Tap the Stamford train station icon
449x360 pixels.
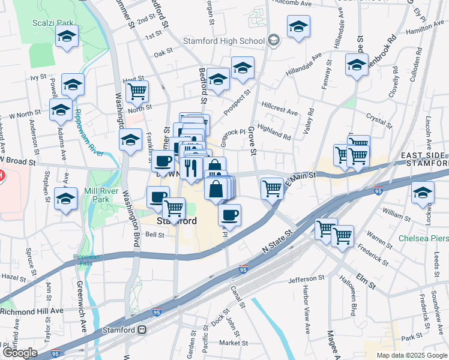point(142,329)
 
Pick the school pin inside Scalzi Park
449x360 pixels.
point(67,36)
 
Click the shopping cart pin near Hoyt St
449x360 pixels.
point(137,92)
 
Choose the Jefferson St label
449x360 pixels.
point(306,279)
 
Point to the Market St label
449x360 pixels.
point(234,343)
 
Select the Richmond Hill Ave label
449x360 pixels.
point(31,311)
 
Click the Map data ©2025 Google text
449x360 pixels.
point(411,355)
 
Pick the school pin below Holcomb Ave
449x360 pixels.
point(298,27)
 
